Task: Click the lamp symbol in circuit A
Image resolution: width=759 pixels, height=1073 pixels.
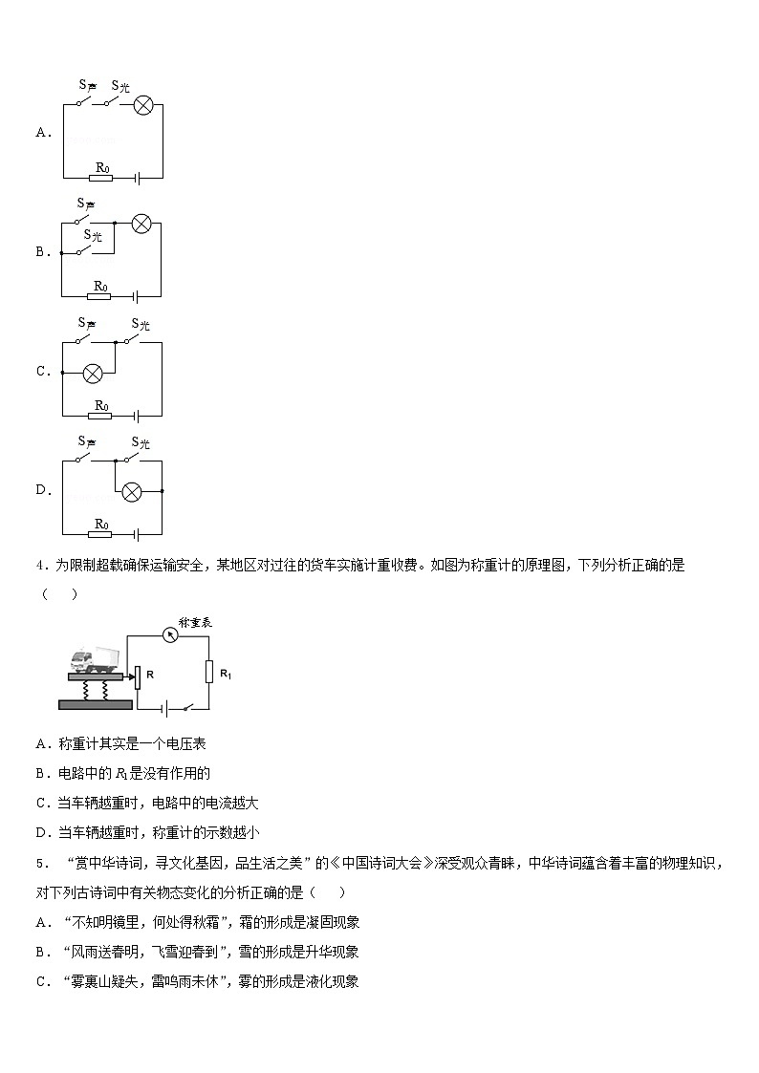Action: click(x=142, y=105)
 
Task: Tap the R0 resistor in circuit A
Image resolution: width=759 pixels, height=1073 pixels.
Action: click(x=101, y=177)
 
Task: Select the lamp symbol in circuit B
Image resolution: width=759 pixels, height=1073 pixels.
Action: click(x=141, y=225)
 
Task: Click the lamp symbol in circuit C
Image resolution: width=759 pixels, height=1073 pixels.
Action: click(x=94, y=373)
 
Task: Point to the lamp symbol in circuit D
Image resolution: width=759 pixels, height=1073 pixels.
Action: click(x=132, y=491)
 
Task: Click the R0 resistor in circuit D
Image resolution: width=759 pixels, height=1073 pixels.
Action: click(x=101, y=534)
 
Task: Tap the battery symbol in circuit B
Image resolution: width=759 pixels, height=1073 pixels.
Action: click(x=137, y=296)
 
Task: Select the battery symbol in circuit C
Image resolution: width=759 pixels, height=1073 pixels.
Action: click(x=137, y=416)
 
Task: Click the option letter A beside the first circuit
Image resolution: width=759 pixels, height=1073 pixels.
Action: click(x=41, y=133)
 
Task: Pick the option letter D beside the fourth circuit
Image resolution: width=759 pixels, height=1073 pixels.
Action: click(x=41, y=490)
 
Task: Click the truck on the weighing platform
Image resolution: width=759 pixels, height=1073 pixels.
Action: click(x=96, y=659)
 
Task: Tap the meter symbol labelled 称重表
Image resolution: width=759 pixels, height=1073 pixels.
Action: click(x=171, y=633)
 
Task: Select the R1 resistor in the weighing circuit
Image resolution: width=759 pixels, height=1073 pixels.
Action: click(x=207, y=672)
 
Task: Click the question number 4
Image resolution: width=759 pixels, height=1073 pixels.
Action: click(x=40, y=566)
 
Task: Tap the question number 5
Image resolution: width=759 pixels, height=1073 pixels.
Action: click(x=40, y=864)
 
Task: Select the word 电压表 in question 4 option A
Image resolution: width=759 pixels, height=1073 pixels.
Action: click(x=186, y=743)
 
